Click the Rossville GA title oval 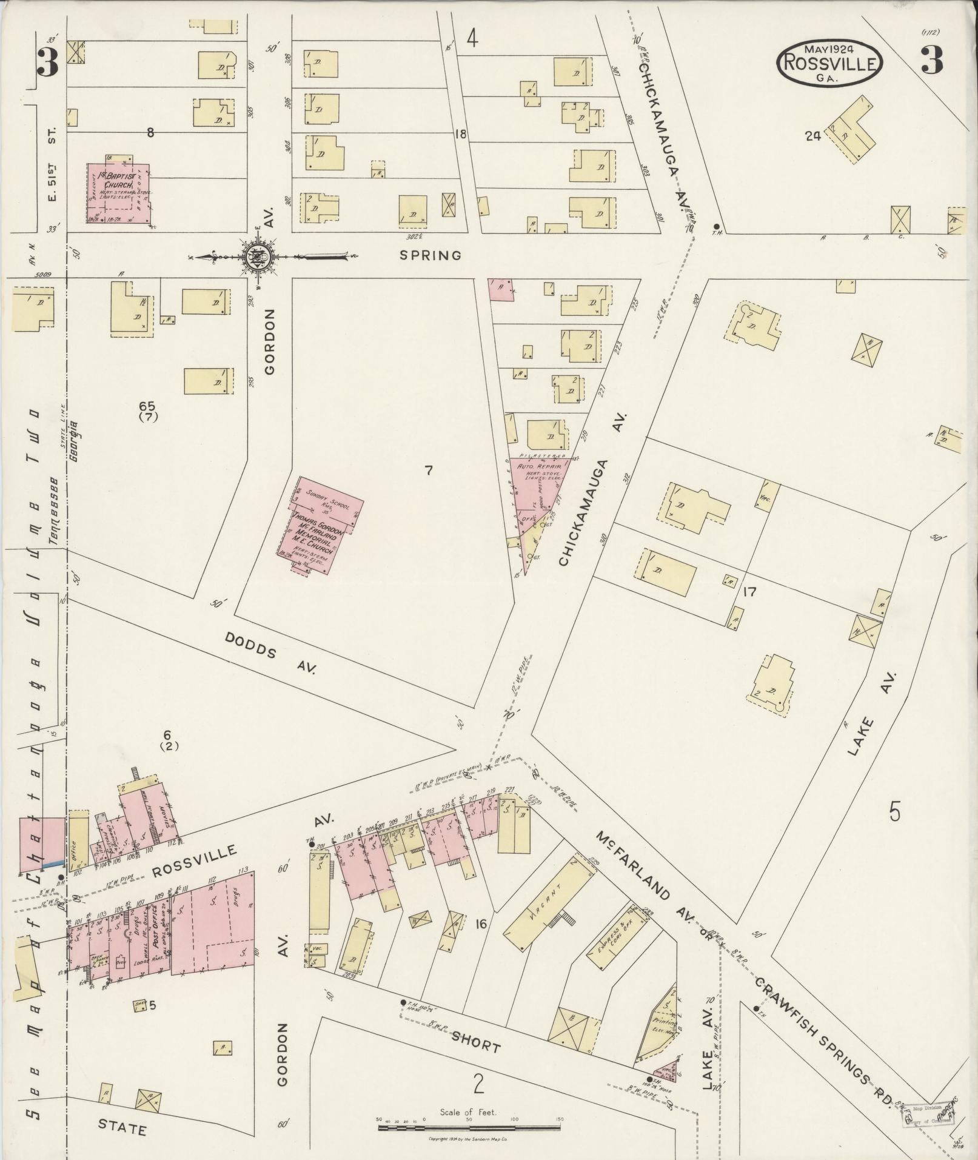(829, 62)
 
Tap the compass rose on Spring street (258, 257)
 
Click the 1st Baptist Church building (119, 193)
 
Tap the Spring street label (430, 255)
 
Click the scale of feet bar (471, 1128)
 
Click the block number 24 (812, 136)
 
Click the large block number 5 (894, 811)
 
